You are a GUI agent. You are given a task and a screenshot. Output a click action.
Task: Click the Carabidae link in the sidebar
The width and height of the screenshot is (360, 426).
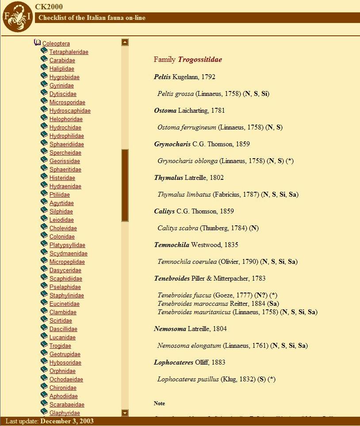pos(62,61)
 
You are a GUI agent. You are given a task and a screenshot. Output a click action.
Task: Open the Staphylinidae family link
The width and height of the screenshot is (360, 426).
pos(66,296)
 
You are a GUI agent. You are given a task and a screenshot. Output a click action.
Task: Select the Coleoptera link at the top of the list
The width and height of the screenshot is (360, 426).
pos(56,44)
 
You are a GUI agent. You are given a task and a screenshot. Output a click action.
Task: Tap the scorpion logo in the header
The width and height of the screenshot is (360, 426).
pos(17,17)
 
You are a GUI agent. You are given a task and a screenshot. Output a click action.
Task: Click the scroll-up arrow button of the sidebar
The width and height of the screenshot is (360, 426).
pos(125,42)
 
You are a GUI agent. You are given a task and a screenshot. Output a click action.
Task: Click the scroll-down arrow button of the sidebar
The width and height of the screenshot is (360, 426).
pos(125,413)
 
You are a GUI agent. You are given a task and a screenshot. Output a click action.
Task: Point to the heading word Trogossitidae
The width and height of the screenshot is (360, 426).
pos(200,60)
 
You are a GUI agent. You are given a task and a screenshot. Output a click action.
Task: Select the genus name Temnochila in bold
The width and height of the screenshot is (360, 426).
pos(172,245)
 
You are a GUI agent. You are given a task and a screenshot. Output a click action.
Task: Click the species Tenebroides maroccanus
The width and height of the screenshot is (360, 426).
pos(193,304)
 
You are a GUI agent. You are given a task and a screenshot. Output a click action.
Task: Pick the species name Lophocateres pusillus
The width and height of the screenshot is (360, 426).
pos(188,379)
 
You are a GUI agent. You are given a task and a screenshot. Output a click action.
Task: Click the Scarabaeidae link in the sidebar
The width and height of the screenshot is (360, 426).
pos(67,405)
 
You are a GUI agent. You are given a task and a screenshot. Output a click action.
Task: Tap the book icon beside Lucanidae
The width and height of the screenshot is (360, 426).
pos(44,337)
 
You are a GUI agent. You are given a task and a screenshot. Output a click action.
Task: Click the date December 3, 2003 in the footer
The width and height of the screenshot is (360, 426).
pos(67,421)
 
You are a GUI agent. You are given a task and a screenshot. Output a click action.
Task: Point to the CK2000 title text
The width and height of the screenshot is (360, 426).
pos(49,7)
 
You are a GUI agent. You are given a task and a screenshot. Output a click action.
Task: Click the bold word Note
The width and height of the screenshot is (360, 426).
pos(159,403)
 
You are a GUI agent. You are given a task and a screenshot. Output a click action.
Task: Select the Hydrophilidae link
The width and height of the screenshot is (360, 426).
pos(66,136)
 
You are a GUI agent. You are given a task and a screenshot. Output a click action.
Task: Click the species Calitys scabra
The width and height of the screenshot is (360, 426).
pos(178,228)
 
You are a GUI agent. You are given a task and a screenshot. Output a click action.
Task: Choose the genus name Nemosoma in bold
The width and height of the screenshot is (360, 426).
pos(170,329)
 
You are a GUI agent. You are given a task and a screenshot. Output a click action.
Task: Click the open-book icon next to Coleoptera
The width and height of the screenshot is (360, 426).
pos(37,43)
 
